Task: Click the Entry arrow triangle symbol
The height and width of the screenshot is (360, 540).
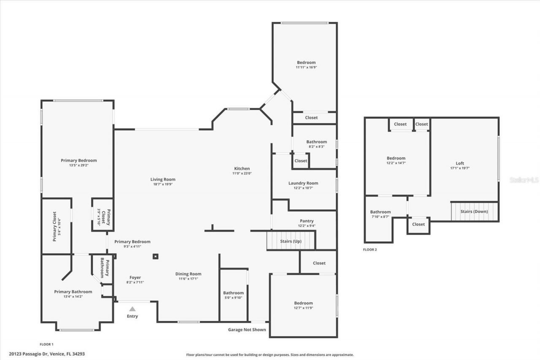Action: [132, 309]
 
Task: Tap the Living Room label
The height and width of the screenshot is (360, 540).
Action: [163, 179]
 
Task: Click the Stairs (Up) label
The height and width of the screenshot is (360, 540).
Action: [291, 241]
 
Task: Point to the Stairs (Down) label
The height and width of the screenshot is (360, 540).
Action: [474, 211]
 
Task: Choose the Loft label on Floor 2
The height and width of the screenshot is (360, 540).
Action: [459, 163]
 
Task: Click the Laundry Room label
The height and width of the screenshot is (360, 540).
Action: [303, 183]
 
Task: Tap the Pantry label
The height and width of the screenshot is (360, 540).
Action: [306, 221]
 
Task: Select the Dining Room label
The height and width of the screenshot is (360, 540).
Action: [188, 274]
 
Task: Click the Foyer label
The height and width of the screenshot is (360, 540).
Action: [135, 277]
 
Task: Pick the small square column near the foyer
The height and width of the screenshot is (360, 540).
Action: [155, 256]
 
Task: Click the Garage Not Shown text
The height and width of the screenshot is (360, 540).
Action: [247, 330]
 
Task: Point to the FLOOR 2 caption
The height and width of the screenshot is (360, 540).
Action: [370, 250]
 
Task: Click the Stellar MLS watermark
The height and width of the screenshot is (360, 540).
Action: [524, 180]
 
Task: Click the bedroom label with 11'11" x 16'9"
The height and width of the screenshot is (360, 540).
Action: [306, 62]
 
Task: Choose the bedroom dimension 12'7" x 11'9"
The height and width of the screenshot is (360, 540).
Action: [303, 308]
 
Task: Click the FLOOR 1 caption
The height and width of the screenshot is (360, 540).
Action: [46, 344]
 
